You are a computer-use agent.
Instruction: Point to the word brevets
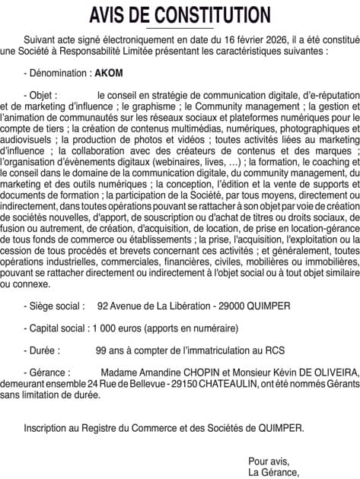142,264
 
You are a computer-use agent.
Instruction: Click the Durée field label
44,351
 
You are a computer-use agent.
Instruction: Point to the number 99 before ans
101,351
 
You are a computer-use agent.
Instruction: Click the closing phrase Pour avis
269,461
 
